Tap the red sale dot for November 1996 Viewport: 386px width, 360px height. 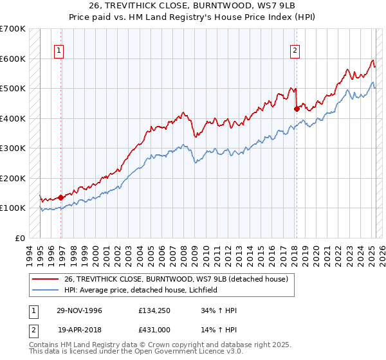[x=60, y=197]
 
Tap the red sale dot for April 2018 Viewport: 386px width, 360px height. [x=297, y=109]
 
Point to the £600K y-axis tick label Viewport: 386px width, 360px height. [x=13, y=59]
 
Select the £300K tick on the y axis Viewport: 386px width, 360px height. [x=13, y=148]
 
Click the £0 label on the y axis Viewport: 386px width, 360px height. [x=21, y=238]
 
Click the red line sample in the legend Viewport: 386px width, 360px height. [x=45, y=278]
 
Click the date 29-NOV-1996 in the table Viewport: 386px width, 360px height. [x=79, y=310]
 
